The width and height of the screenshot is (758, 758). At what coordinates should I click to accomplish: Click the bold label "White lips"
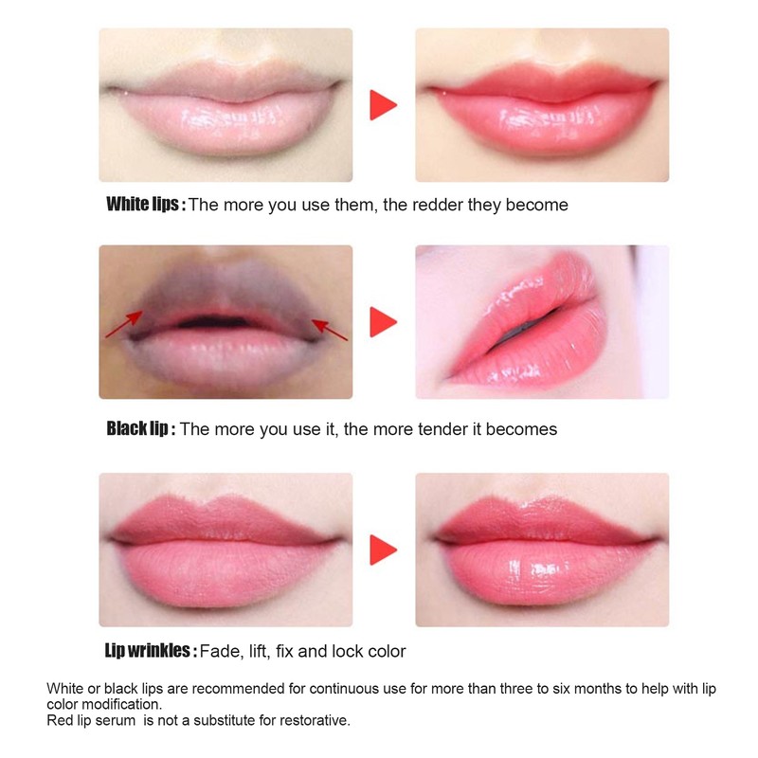145,205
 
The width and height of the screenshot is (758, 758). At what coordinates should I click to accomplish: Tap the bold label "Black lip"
140,429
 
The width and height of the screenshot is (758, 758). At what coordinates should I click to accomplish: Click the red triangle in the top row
383,104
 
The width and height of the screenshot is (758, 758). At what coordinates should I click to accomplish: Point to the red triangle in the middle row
383,322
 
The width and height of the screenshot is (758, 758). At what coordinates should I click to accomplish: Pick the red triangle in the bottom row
383,549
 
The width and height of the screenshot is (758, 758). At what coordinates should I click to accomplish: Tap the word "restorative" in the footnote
315,720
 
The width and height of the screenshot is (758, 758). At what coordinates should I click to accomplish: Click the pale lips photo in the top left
226,104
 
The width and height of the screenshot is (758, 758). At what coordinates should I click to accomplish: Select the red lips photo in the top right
542,104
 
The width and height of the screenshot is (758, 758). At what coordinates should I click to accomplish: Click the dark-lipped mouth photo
226,322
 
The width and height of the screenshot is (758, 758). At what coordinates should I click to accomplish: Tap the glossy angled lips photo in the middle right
542,322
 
